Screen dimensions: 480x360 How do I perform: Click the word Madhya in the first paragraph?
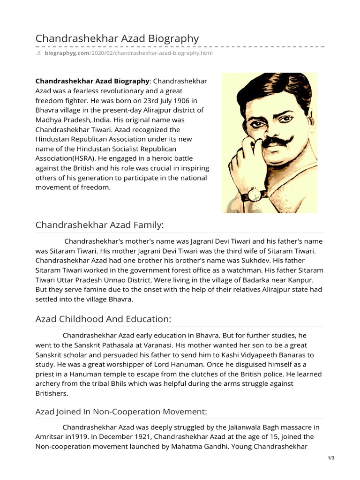point(49,120)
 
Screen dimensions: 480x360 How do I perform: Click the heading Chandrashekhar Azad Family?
point(100,225)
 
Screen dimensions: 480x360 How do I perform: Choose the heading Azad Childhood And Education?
point(104,319)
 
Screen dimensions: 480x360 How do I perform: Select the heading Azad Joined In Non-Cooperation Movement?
point(121,412)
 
